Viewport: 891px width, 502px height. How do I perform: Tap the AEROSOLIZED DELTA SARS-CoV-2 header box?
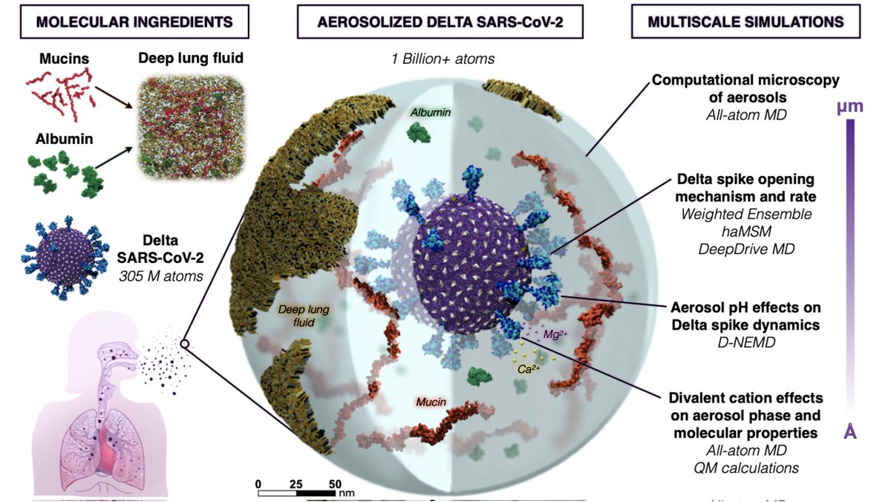pyautogui.click(x=440, y=22)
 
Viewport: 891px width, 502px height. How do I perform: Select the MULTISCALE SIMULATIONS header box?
pyautogui.click(x=745, y=22)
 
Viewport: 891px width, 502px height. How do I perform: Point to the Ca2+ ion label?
pyautogui.click(x=529, y=367)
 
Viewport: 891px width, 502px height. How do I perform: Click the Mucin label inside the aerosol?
pyautogui.click(x=430, y=402)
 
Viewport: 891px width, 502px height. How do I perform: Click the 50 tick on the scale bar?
pyautogui.click(x=334, y=483)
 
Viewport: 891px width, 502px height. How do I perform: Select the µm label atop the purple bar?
pyautogui.click(x=849, y=106)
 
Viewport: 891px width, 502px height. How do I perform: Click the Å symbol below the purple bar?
pyautogui.click(x=850, y=431)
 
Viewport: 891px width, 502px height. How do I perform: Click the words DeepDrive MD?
pyautogui.click(x=746, y=249)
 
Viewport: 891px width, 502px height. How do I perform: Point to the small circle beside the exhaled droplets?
pyautogui.click(x=184, y=345)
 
